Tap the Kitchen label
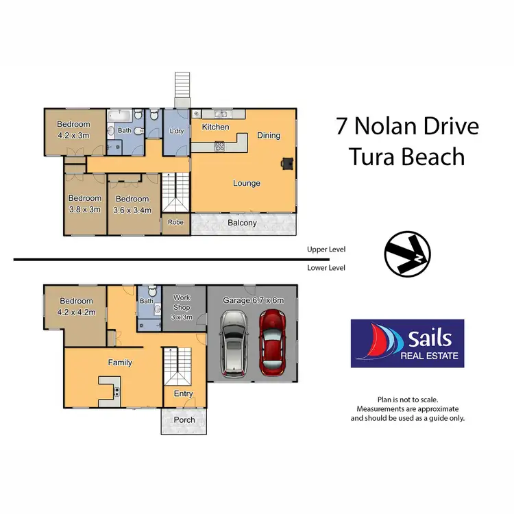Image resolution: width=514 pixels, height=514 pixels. pyautogui.click(x=215, y=127)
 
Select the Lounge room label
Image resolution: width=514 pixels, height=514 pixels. pyautogui.click(x=247, y=183)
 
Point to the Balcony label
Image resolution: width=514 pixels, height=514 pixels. pyautogui.click(x=242, y=223)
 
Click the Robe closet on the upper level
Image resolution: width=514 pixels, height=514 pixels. pyautogui.click(x=175, y=223)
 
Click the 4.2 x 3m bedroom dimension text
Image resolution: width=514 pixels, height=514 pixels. pyautogui.click(x=73, y=135)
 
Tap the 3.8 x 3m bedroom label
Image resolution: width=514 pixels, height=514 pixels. pyautogui.click(x=84, y=210)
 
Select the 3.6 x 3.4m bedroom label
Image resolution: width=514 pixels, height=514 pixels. pyautogui.click(x=132, y=210)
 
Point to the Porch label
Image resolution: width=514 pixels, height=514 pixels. pyautogui.click(x=184, y=419)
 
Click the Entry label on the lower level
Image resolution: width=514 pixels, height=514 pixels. pyautogui.click(x=183, y=393)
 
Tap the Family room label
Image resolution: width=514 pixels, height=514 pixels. pyautogui.click(x=119, y=363)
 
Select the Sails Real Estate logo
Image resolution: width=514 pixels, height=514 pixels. pyautogui.click(x=407, y=343)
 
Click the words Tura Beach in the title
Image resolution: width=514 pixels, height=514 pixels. pyautogui.click(x=407, y=157)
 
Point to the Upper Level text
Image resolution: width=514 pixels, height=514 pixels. pyautogui.click(x=326, y=251)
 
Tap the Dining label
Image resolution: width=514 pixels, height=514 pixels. pyautogui.click(x=269, y=135)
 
